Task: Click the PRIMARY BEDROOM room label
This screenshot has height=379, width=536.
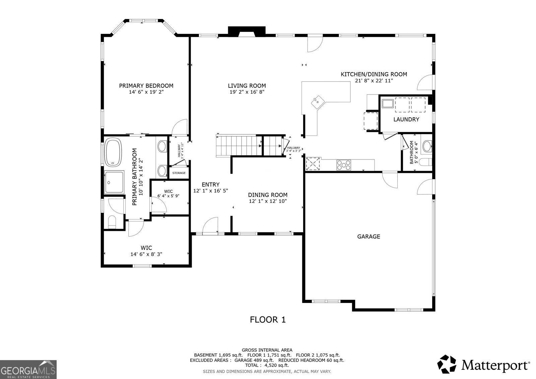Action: tap(146, 86)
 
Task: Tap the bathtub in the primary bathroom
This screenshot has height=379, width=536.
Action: tap(114, 152)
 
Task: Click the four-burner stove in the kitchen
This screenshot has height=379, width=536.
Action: tap(344, 165)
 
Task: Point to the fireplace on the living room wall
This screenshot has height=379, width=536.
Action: tap(247, 31)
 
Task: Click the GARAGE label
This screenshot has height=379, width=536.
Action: tap(368, 237)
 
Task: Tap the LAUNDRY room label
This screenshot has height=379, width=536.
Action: tap(406, 119)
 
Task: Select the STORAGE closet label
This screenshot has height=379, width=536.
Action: tap(179, 173)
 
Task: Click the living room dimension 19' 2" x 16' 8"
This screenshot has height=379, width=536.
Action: tap(247, 92)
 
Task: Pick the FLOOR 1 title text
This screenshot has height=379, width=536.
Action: tap(268, 320)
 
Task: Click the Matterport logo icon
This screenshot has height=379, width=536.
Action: tap(447, 364)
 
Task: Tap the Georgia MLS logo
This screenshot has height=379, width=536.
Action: tap(28, 369)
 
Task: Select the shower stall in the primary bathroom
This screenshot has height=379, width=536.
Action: tap(114, 182)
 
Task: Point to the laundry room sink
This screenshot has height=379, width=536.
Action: tap(388, 103)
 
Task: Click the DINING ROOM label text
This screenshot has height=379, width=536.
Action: tap(268, 195)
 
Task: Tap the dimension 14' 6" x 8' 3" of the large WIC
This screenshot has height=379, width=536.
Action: tap(146, 254)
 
